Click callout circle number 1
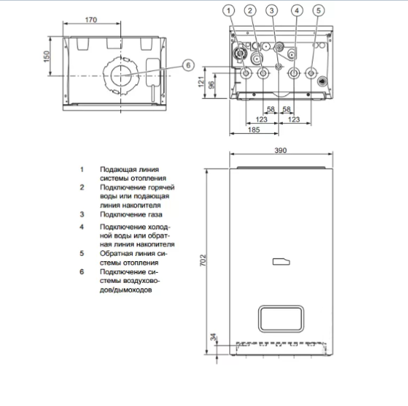(x=231, y=10)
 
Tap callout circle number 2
(x=250, y=10)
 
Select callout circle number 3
(x=272, y=10)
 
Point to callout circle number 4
(x=296, y=10)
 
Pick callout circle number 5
(x=318, y=10)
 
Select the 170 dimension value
(x=91, y=20)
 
